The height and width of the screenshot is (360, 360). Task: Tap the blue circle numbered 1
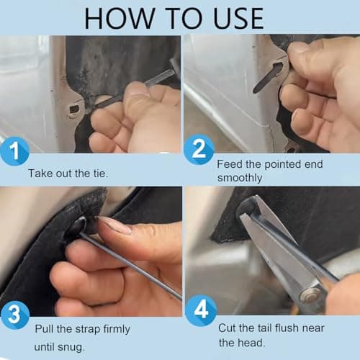pos(16,153)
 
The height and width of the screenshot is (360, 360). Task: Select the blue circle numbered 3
pos(16,314)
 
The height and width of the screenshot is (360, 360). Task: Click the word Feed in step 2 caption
pos(230,164)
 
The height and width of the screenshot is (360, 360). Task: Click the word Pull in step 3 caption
pos(45,329)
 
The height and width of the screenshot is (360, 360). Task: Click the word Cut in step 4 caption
pos(227,328)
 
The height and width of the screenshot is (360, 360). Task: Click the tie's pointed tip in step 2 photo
pos(256,89)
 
